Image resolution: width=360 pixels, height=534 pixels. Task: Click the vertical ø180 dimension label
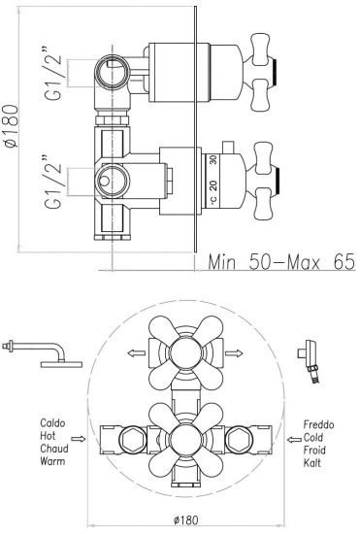click(x=12, y=126)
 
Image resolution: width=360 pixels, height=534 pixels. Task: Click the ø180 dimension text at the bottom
click(x=185, y=520)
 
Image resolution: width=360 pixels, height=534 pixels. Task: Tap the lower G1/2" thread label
click(x=53, y=182)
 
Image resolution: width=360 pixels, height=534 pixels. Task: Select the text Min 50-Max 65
click(x=281, y=262)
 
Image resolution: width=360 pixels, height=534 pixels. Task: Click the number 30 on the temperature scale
click(x=213, y=160)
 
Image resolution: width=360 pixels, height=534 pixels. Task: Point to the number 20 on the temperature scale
click(x=213, y=185)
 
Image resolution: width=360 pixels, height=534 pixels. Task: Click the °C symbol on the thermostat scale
click(x=213, y=201)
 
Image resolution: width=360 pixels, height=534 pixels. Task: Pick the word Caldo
click(x=52, y=423)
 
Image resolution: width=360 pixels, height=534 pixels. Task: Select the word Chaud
click(x=54, y=449)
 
